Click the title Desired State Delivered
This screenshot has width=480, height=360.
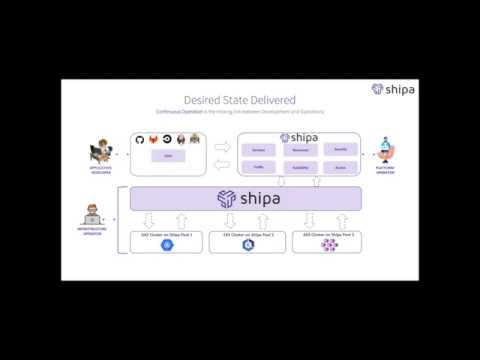click(240, 99)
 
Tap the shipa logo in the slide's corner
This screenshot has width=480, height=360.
click(392, 89)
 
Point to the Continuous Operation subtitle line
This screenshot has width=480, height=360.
click(240, 112)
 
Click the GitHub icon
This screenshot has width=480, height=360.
click(139, 139)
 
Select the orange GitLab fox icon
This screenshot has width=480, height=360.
click(153, 139)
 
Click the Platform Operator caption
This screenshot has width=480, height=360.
click(385, 171)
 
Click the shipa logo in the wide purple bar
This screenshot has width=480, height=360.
click(246, 199)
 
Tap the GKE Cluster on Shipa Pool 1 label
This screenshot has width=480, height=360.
click(166, 235)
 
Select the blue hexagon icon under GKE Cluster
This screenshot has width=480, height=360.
click(166, 246)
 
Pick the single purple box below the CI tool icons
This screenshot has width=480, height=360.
click(167, 157)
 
